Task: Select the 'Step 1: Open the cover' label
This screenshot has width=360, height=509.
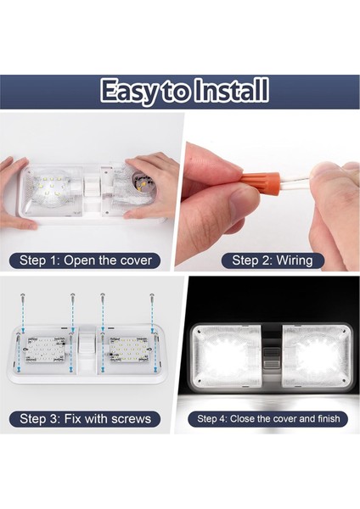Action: (85, 260)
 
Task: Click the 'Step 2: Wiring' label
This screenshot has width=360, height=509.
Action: (272, 260)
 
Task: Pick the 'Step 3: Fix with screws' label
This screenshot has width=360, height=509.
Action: (85, 418)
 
